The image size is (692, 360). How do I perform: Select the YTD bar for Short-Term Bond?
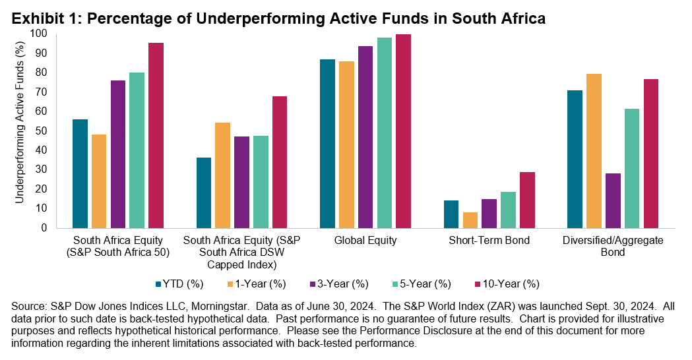coord(451,214)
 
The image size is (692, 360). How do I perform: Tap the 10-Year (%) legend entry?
coord(506,284)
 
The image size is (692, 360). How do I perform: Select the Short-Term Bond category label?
coord(489,241)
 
